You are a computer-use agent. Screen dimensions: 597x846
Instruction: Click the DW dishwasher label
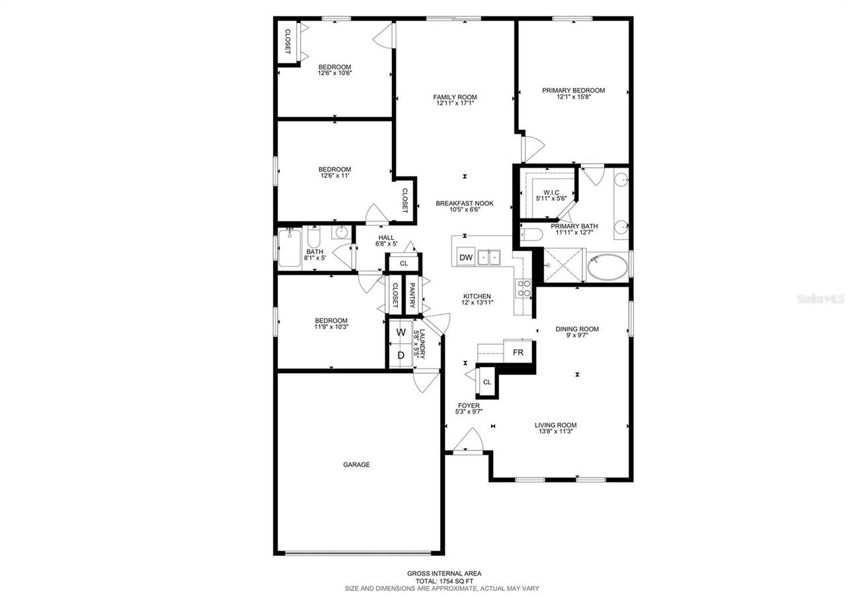[x=466, y=258]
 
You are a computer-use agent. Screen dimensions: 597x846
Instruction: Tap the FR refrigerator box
[x=518, y=353]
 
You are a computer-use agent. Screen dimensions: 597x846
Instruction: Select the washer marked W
[x=401, y=333]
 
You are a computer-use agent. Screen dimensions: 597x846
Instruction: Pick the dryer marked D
[x=401, y=355]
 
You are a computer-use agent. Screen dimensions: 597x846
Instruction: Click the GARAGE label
[x=356, y=464]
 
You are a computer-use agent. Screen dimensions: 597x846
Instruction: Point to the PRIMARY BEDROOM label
[x=573, y=90]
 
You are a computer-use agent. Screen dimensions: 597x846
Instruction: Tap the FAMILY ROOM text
[x=456, y=97]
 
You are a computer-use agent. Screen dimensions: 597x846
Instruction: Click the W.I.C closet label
[x=551, y=192]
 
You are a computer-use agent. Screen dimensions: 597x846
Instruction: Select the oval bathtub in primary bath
[x=608, y=267]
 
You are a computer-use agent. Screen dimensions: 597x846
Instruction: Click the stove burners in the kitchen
[x=523, y=288]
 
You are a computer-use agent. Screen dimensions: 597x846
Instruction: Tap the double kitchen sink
[x=490, y=256]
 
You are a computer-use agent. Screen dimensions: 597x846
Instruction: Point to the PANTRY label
[x=412, y=295]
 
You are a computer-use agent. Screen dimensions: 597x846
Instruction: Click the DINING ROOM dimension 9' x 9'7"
[x=576, y=335]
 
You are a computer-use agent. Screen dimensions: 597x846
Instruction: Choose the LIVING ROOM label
[x=556, y=425]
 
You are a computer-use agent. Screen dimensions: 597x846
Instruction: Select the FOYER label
[x=469, y=405]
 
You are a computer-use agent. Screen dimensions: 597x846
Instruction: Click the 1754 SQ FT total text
[x=443, y=580]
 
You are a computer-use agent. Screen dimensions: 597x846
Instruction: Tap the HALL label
[x=387, y=238]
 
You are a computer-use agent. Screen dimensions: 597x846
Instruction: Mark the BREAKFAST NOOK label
[x=464, y=203]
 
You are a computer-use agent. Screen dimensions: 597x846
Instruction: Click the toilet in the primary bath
[x=531, y=234]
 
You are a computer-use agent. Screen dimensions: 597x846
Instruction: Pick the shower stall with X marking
[x=561, y=265]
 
